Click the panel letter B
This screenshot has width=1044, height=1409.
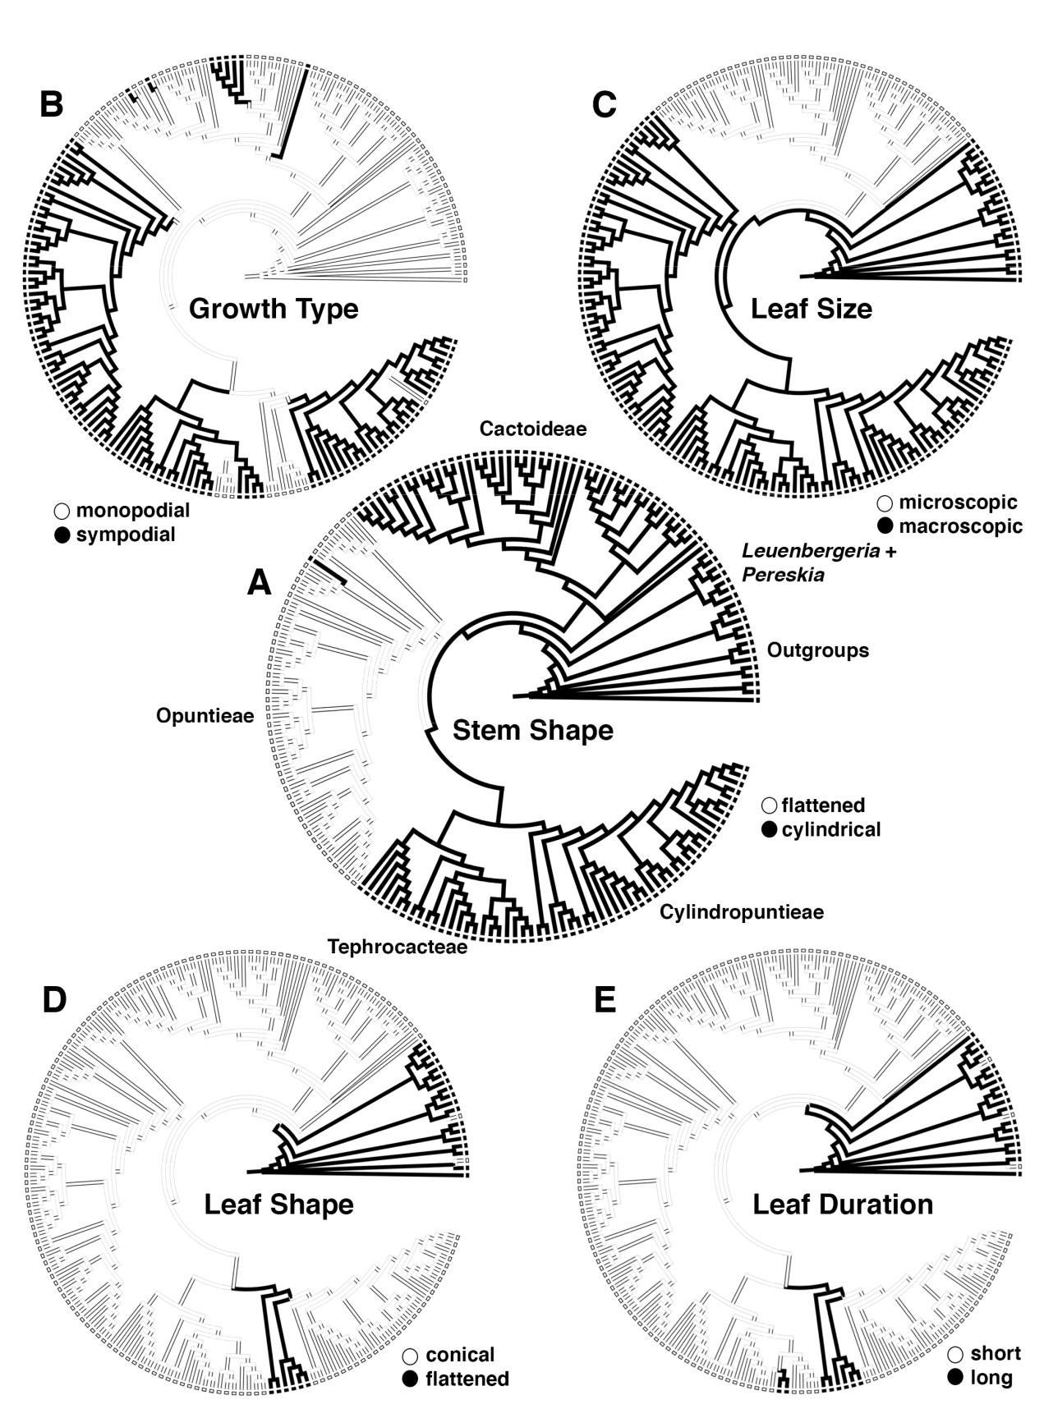(x=51, y=105)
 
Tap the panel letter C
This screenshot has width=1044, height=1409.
(x=604, y=105)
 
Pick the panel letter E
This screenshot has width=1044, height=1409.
(x=604, y=1000)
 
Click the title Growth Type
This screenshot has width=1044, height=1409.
(x=274, y=310)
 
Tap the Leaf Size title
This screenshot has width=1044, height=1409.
(x=812, y=309)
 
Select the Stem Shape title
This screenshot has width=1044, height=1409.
(x=533, y=730)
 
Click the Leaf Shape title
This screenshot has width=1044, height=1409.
(x=278, y=1205)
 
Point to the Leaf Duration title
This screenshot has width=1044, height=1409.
(x=843, y=1204)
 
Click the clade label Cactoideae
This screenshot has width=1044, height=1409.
(x=533, y=429)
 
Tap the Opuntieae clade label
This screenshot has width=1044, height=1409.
(x=205, y=717)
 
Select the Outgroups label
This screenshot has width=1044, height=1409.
(x=818, y=651)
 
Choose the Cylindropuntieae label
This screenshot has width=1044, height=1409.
(x=742, y=912)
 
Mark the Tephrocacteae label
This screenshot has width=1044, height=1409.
(x=398, y=947)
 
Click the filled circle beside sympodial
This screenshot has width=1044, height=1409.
(x=62, y=535)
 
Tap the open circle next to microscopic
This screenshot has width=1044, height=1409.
(x=885, y=503)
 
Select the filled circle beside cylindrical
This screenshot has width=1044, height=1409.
(x=769, y=830)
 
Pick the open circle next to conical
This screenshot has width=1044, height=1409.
(x=410, y=1355)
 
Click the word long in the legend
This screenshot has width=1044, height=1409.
(x=991, y=1377)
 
